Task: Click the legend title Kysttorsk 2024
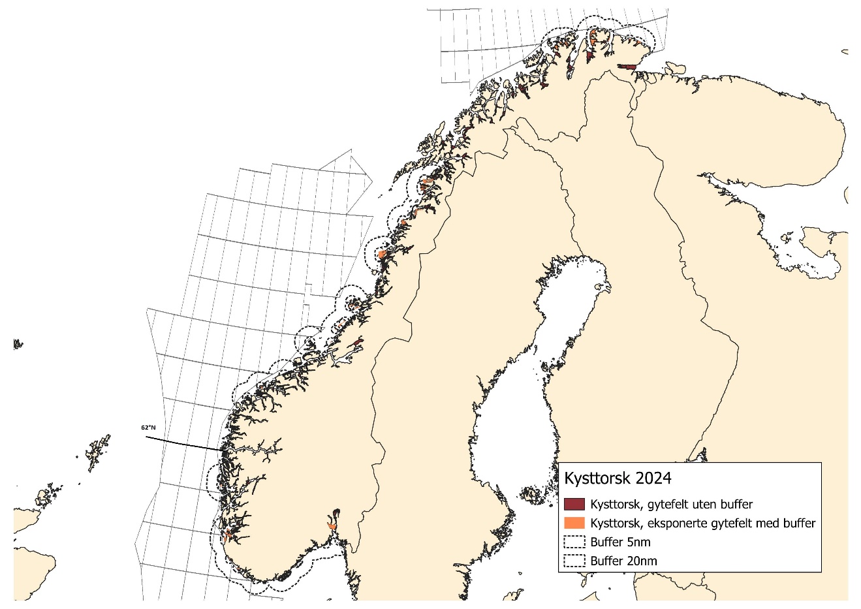[x=618, y=478]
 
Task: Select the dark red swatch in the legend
[x=574, y=505]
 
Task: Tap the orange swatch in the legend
[x=574, y=523]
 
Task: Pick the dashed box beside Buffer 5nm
[x=574, y=542]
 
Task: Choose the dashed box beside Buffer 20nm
[x=574, y=561]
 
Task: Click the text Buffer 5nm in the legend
[x=620, y=542]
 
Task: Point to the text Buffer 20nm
[x=623, y=561]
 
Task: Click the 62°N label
[x=148, y=428]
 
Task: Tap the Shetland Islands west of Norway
[x=97, y=450]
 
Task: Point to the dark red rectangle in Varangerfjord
[x=628, y=67]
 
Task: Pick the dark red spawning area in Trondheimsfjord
[x=356, y=343]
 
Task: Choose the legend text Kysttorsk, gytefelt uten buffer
[x=671, y=505]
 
